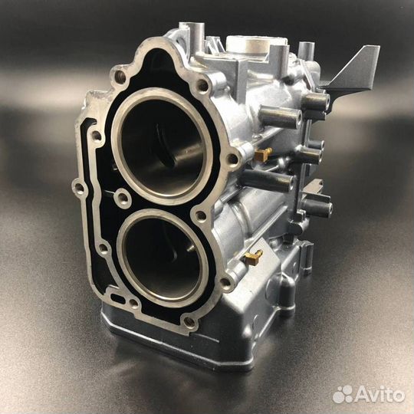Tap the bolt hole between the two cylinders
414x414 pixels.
122,199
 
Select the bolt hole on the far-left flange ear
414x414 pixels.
79,186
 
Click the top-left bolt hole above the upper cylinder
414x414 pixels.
120,77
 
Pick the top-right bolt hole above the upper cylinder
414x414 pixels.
202,87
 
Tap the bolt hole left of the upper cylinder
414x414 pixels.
97,136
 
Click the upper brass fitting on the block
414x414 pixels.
263,154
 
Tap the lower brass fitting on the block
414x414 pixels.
253,258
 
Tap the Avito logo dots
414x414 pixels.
342,393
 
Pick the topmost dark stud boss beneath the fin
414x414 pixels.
315,100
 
